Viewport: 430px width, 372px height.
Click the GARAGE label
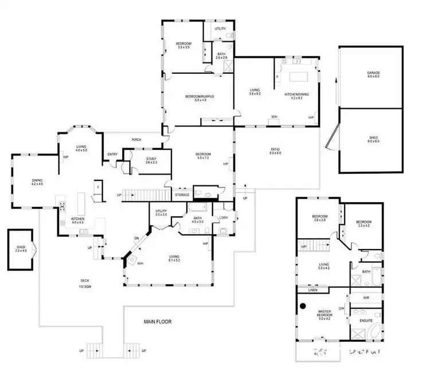(x=373, y=73)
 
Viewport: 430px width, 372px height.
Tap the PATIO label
(x=275, y=151)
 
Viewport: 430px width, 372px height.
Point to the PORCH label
(x=136, y=140)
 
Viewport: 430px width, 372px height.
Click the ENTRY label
(x=112, y=153)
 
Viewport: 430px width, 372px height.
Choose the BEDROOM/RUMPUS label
(x=200, y=97)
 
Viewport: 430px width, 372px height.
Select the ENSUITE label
(x=366, y=320)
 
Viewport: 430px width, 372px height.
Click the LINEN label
(x=312, y=290)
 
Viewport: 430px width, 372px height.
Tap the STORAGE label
(x=182, y=195)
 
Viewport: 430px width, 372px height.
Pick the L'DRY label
(x=224, y=217)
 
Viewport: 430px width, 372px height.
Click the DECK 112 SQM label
(x=85, y=283)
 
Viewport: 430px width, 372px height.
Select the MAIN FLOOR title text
(x=157, y=322)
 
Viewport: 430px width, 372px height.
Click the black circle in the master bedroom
(x=302, y=304)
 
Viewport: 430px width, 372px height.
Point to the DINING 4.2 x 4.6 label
(x=37, y=183)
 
